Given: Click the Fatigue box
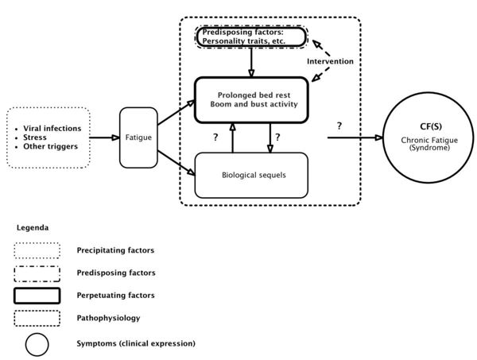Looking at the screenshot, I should pos(138,137).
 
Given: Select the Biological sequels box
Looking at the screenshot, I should pos(250,175).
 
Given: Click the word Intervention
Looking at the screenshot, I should pos(329,61).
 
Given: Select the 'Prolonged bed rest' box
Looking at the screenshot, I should pos(250,99).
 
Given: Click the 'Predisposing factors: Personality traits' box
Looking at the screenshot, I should pos(250,37).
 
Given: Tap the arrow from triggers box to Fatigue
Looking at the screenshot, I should pos(104,137).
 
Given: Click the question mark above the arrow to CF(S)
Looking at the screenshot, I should pos(339,126).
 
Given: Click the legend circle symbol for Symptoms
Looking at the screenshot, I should pos(37,343).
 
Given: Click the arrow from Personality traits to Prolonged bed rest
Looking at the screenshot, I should pos(251,60).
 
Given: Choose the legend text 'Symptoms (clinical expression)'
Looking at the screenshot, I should pos(135,343).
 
